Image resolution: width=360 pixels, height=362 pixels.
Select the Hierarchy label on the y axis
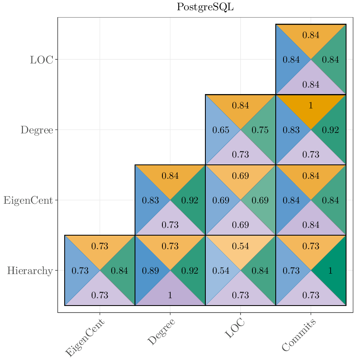29,271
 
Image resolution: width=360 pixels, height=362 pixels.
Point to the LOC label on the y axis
41,60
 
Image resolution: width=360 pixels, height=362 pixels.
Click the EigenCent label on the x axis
85,338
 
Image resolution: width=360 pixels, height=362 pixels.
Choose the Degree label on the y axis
37,130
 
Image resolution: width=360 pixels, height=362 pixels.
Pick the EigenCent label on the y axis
28,200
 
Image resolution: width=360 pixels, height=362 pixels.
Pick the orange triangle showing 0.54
241,246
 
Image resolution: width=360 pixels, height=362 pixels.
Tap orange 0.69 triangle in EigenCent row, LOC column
241,176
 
